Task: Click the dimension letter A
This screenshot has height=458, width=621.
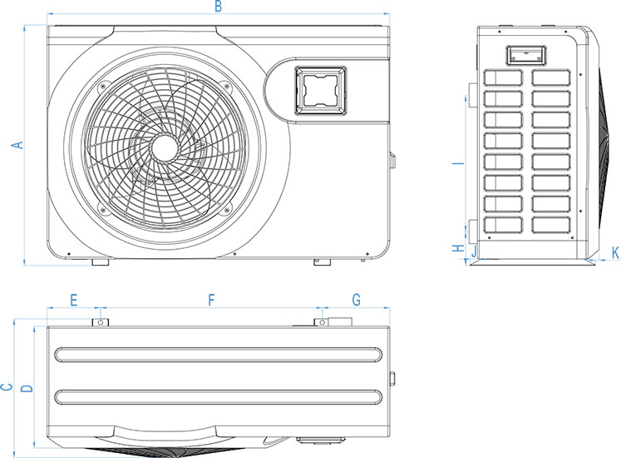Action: click(17, 145)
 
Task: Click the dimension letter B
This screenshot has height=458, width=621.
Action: click(218, 7)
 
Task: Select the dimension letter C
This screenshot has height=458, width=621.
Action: click(7, 387)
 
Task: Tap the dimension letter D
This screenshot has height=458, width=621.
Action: click(27, 388)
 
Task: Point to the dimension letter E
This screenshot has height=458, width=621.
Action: click(74, 301)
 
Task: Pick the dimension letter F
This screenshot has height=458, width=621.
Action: click(211, 301)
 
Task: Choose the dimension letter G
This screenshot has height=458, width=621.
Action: click(357, 300)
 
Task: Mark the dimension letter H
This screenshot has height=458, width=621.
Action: click(458, 248)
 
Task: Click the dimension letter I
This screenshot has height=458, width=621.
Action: click(458, 162)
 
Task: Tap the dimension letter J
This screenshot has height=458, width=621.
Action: click(474, 251)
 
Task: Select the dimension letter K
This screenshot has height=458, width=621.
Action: click(615, 253)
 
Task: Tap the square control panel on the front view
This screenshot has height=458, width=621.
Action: click(320, 90)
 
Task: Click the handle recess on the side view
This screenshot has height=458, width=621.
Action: click(526, 55)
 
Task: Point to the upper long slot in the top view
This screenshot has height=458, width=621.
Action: click(218, 355)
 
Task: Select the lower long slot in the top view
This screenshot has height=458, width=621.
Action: click(218, 397)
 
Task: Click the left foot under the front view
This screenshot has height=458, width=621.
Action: click(101, 262)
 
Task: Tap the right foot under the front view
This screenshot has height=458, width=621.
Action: click(323, 262)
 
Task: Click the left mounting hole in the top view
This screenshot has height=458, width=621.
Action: click(101, 322)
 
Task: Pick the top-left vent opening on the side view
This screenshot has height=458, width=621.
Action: click(504, 77)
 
